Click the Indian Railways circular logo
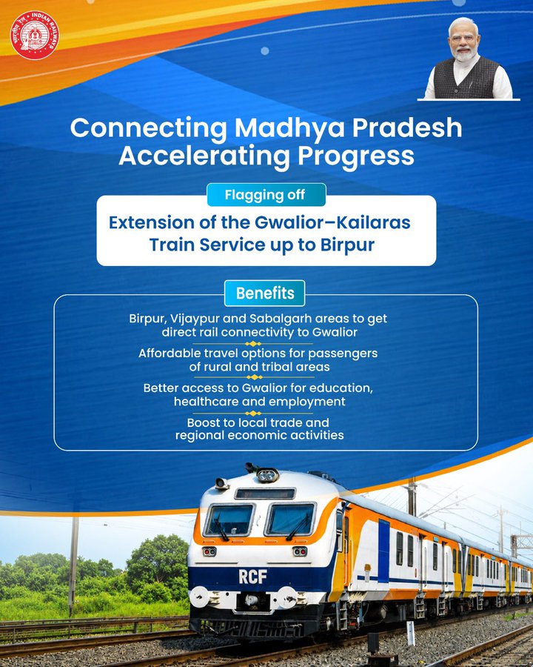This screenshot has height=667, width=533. pos(35,36)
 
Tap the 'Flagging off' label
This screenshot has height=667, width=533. pos(265,195)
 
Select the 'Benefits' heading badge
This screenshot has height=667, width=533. pos(265,293)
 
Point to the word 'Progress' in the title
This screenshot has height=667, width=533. pos(355,156)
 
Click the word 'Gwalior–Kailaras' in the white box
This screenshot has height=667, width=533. pos(332,222)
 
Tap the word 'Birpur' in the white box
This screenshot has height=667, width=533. pos(347,245)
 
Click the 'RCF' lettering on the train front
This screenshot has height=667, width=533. pos(252,577)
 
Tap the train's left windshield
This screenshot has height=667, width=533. pos(229,520)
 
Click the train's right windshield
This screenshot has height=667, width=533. pos(291,520)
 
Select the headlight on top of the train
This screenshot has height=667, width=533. pos(267,475)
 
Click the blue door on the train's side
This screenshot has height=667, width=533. pos(383,551)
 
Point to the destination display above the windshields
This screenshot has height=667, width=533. pos(265,494)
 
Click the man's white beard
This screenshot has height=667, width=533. pos(465,54)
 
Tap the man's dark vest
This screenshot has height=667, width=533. pos(466,79)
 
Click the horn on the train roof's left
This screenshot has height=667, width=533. pos(222,483)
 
